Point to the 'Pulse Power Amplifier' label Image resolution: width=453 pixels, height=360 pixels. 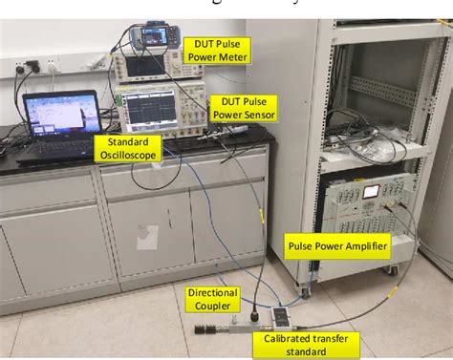337,246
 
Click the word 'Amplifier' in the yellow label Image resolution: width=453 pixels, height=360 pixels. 362,246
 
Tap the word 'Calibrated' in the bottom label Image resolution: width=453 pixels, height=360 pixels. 280,337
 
